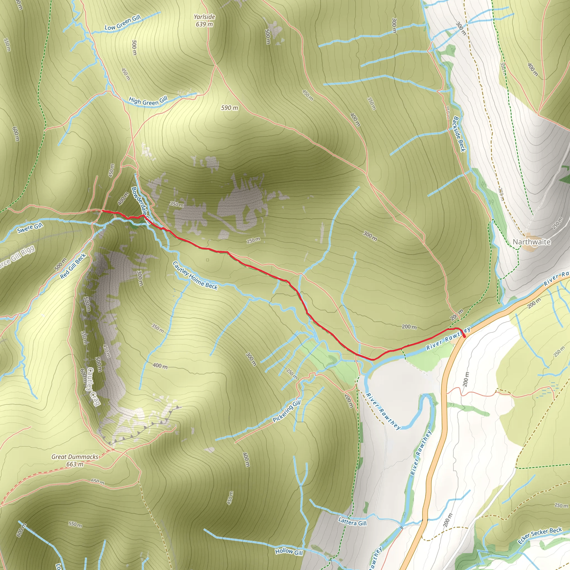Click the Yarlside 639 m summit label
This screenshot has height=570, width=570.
[x=205, y=21]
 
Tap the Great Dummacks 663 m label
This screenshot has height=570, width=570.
[x=75, y=460]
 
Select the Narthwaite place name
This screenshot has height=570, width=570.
[x=531, y=242]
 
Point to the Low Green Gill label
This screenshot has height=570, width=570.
[x=122, y=23]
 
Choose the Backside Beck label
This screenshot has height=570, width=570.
[x=459, y=134]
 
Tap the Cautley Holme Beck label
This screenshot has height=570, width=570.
[x=195, y=276]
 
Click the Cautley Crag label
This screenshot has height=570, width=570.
[x=92, y=387]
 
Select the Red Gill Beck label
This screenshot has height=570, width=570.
[x=73, y=266]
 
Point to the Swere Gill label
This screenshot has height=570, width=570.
[x=30, y=228]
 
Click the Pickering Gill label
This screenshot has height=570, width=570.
[x=287, y=411]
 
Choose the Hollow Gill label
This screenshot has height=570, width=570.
[x=289, y=551]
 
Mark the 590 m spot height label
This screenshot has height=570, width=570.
[x=230, y=108]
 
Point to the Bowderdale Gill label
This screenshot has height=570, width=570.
[x=141, y=206]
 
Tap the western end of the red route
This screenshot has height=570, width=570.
[x=102, y=211]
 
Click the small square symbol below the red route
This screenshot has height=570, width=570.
[x=207, y=260]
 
